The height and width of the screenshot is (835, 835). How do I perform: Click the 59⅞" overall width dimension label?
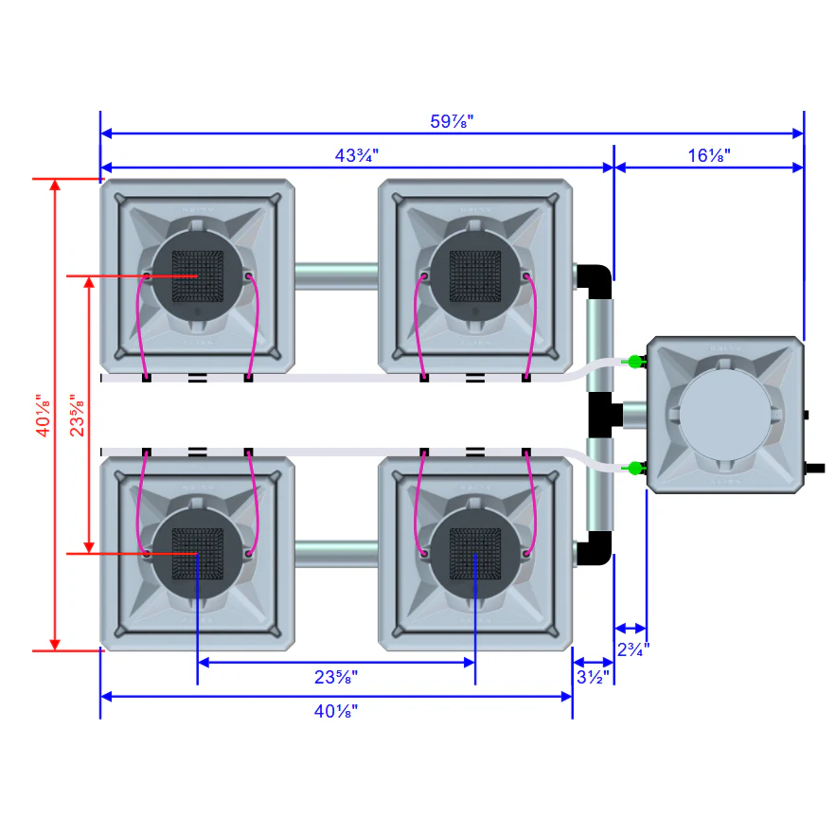tap(452, 121)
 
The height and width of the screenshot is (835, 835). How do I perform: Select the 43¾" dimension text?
tap(356, 155)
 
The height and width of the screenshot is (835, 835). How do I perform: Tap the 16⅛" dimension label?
tap(709, 155)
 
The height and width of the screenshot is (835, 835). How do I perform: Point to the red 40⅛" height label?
tap(44, 416)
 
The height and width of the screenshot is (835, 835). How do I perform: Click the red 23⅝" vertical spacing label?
tap(78, 416)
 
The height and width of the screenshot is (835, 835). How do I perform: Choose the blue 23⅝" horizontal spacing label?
tap(335, 678)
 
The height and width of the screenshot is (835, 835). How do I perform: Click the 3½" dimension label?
tap(593, 678)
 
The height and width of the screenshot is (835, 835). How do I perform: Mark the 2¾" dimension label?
tap(633, 649)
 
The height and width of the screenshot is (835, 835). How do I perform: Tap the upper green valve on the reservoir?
tap(634, 362)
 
